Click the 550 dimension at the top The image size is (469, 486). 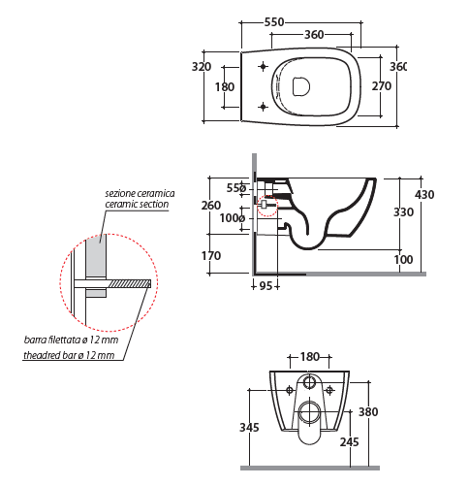coord(274,22)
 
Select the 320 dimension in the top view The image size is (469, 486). coord(202,67)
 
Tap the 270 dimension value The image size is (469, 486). coord(382,86)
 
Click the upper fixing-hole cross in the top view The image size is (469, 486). coord(264,67)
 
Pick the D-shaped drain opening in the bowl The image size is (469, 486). coord(300,86)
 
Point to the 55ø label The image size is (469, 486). coord(236,188)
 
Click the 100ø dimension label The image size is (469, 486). coord(233,218)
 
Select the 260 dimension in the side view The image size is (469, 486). coord(211,206)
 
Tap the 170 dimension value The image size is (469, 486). coord(211,256)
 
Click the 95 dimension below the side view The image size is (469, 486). coord(266,286)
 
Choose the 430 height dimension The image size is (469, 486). coord(424,195)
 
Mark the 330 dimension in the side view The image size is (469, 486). coord(403,212)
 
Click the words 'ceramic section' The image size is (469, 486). coord(137,205)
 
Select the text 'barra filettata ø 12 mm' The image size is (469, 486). coord(71,340)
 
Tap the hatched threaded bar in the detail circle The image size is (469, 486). coord(130,284)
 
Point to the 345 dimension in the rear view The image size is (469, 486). coord(249,428)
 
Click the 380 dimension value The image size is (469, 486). coord(368,412)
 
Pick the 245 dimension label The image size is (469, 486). coord(350,442)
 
